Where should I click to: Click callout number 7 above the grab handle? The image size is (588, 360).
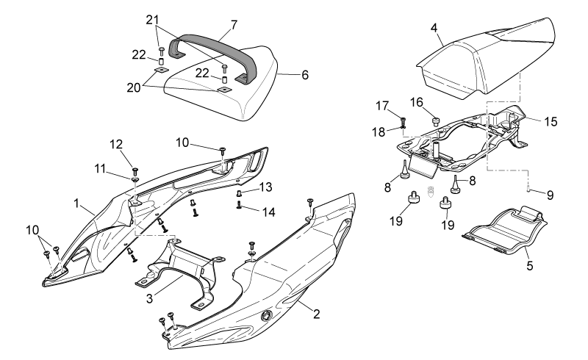click(x=234, y=25)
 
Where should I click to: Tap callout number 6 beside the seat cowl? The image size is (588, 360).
click(x=305, y=75)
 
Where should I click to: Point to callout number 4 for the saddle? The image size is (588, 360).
click(x=434, y=28)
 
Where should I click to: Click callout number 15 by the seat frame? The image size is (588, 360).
click(x=551, y=122)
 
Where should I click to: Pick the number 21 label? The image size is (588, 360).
click(x=152, y=20)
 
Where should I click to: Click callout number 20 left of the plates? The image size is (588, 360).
click(x=134, y=87)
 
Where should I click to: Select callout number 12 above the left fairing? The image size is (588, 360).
click(x=116, y=145)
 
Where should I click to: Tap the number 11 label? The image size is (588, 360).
click(x=100, y=169)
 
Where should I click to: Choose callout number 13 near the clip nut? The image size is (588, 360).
click(x=265, y=187)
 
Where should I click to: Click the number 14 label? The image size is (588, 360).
click(x=268, y=212)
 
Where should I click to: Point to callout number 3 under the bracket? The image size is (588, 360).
click(x=150, y=299)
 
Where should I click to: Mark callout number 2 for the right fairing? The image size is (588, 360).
click(x=317, y=314)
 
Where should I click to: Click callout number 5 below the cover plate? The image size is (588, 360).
click(x=529, y=266)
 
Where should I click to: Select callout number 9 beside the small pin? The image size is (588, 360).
click(x=550, y=195)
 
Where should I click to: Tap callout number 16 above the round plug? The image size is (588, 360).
click(x=416, y=102)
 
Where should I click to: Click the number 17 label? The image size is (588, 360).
click(x=382, y=106)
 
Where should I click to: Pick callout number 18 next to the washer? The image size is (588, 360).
click(x=379, y=132)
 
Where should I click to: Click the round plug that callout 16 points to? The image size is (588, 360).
click(x=436, y=120)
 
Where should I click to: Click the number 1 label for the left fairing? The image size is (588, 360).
click(x=76, y=204)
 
